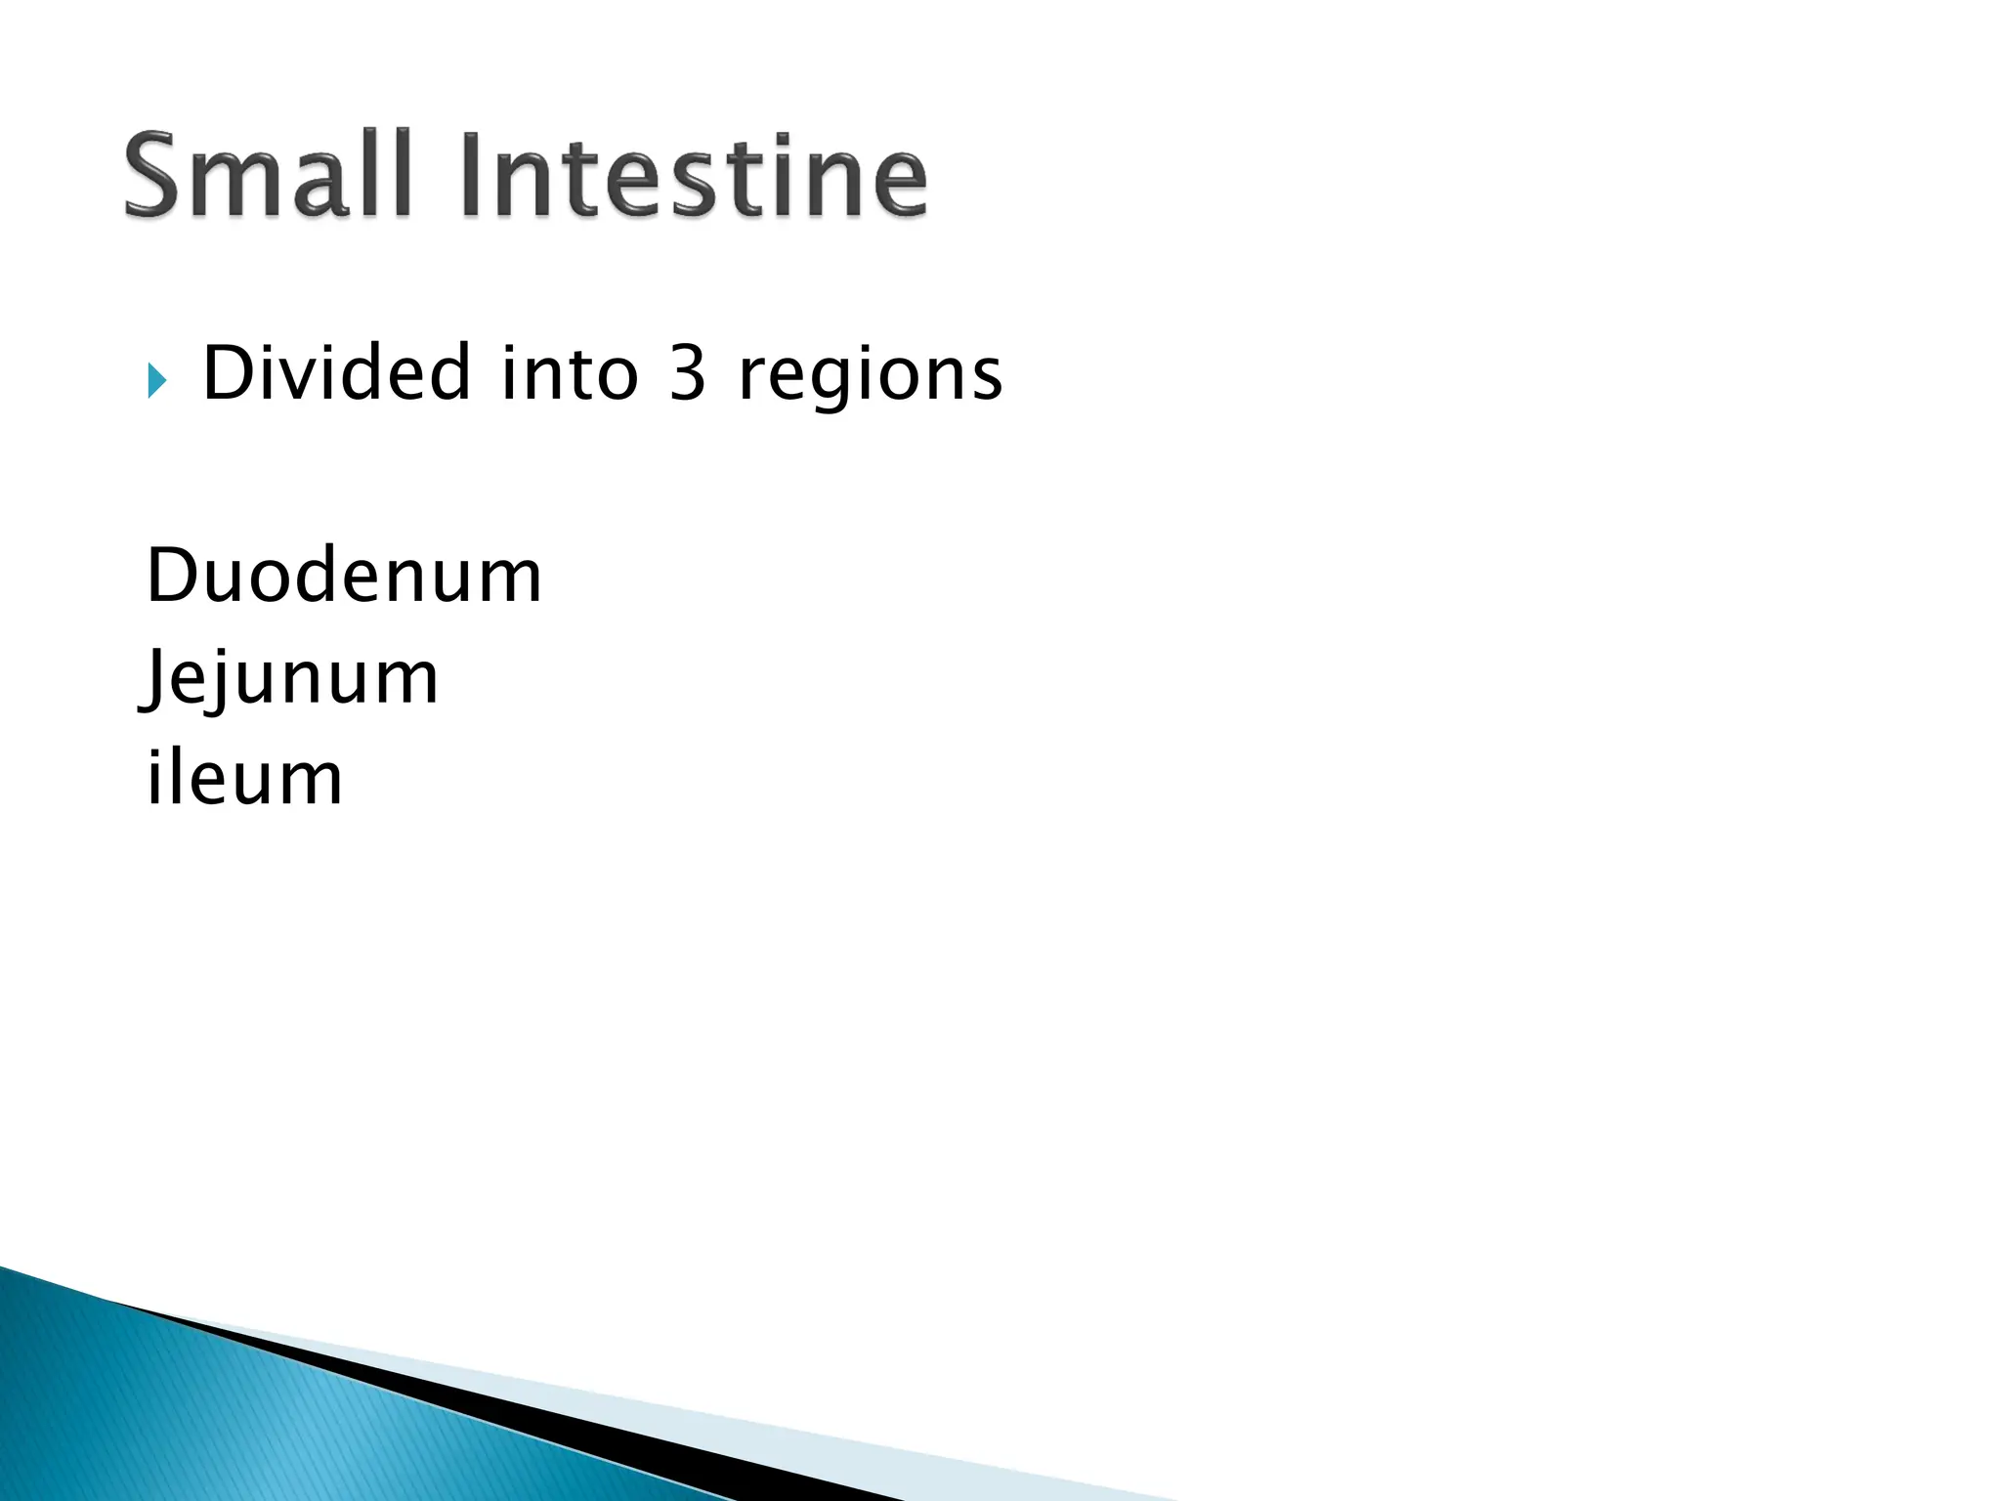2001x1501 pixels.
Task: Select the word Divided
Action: pyautogui.click(x=337, y=373)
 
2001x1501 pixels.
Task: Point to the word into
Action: pyautogui.click(x=570, y=373)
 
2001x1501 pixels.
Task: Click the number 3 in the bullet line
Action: pyautogui.click(x=688, y=374)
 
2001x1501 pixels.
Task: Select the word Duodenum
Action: pyautogui.click(x=344, y=576)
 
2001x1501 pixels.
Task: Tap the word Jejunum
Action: pyautogui.click(x=290, y=679)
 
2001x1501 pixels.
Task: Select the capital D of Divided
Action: pyautogui.click(x=227, y=373)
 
